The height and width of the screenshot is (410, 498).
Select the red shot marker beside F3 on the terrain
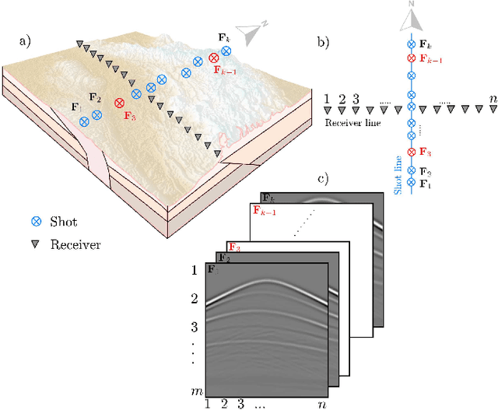(119, 103)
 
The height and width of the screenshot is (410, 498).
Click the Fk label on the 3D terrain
(223, 37)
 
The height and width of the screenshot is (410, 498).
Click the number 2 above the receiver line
(342, 100)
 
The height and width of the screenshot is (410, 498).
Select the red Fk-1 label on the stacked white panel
(262, 211)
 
